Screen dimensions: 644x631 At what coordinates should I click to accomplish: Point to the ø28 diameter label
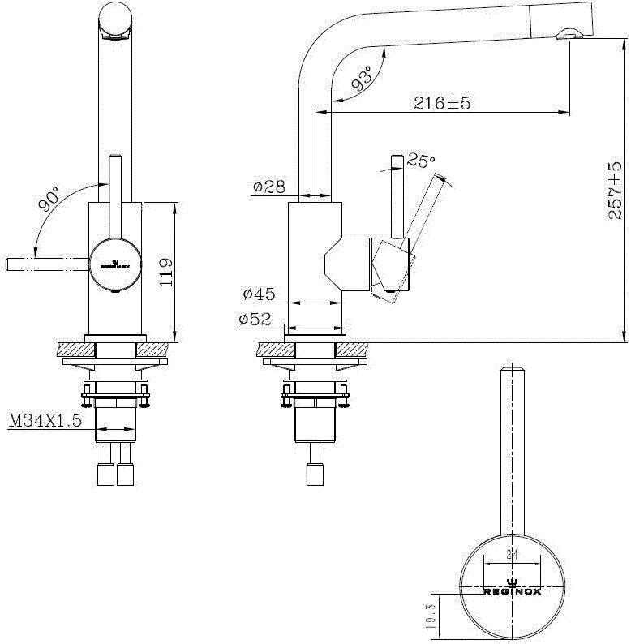[x=268, y=187]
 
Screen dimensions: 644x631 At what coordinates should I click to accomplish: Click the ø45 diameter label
[x=258, y=293]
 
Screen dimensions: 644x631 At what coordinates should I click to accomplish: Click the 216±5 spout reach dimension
[x=442, y=103]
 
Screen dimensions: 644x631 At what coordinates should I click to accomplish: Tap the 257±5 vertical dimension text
[x=614, y=191]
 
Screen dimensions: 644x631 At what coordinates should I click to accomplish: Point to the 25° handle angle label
[x=420, y=161]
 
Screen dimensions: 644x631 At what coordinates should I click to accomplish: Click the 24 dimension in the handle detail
[x=512, y=556]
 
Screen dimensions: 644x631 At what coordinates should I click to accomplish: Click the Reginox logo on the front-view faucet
[x=114, y=263]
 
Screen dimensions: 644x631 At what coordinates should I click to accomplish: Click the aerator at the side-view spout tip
[x=570, y=34]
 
